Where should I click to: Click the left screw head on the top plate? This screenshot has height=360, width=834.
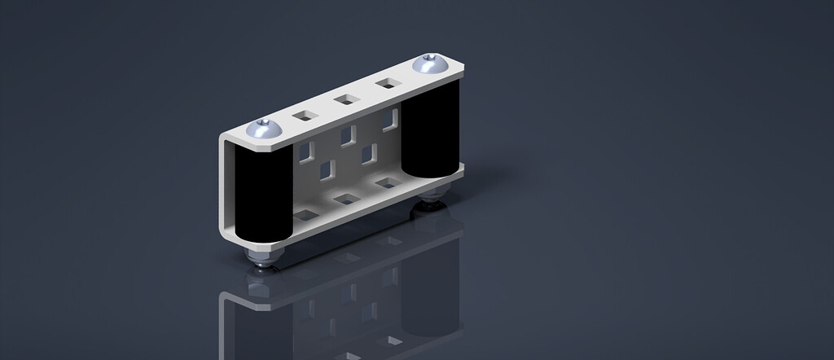pos(266,128)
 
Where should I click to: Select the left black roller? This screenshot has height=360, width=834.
pos(261,195)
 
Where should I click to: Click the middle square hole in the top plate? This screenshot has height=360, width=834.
pos(345,99)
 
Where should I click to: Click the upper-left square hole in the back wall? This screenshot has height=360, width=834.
pos(306,151)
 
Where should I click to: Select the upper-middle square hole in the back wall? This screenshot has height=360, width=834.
pos(348,134)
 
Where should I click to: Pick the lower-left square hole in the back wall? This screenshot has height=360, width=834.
pos(327,169)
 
